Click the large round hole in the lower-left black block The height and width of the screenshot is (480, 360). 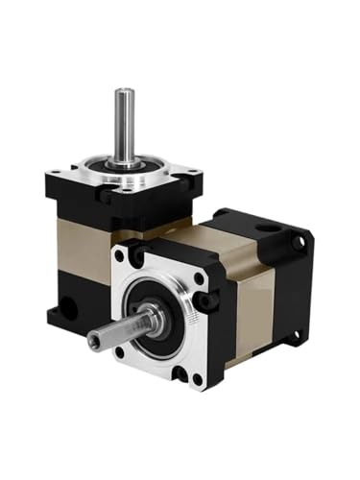(x=67, y=310)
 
